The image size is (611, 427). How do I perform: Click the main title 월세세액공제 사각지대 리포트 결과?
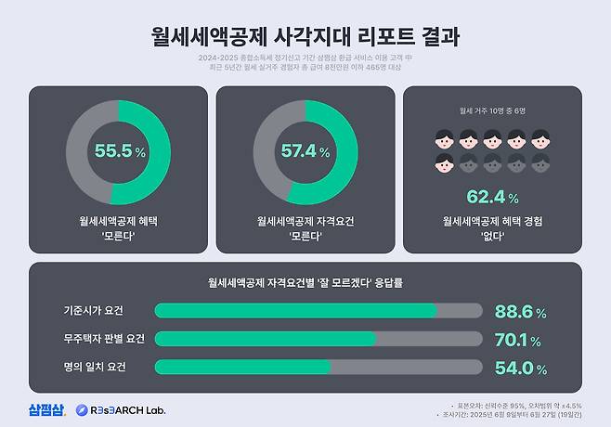[305, 37]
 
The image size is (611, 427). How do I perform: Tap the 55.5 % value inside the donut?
[120, 150]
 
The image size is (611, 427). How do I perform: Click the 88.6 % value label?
[519, 312]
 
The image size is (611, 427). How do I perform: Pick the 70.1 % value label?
[519, 340]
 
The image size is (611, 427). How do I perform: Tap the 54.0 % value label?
[519, 368]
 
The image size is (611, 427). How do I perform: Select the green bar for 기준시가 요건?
[295, 311]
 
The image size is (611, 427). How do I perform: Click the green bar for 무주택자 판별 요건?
[265, 339]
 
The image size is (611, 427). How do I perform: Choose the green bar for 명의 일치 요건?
[242, 367]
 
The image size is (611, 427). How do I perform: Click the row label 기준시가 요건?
[93, 310]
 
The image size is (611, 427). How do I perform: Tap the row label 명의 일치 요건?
[93, 366]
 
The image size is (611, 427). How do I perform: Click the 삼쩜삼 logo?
[46, 409]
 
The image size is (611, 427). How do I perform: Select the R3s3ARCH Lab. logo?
[122, 409]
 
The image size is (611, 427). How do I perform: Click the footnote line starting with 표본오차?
[527, 405]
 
